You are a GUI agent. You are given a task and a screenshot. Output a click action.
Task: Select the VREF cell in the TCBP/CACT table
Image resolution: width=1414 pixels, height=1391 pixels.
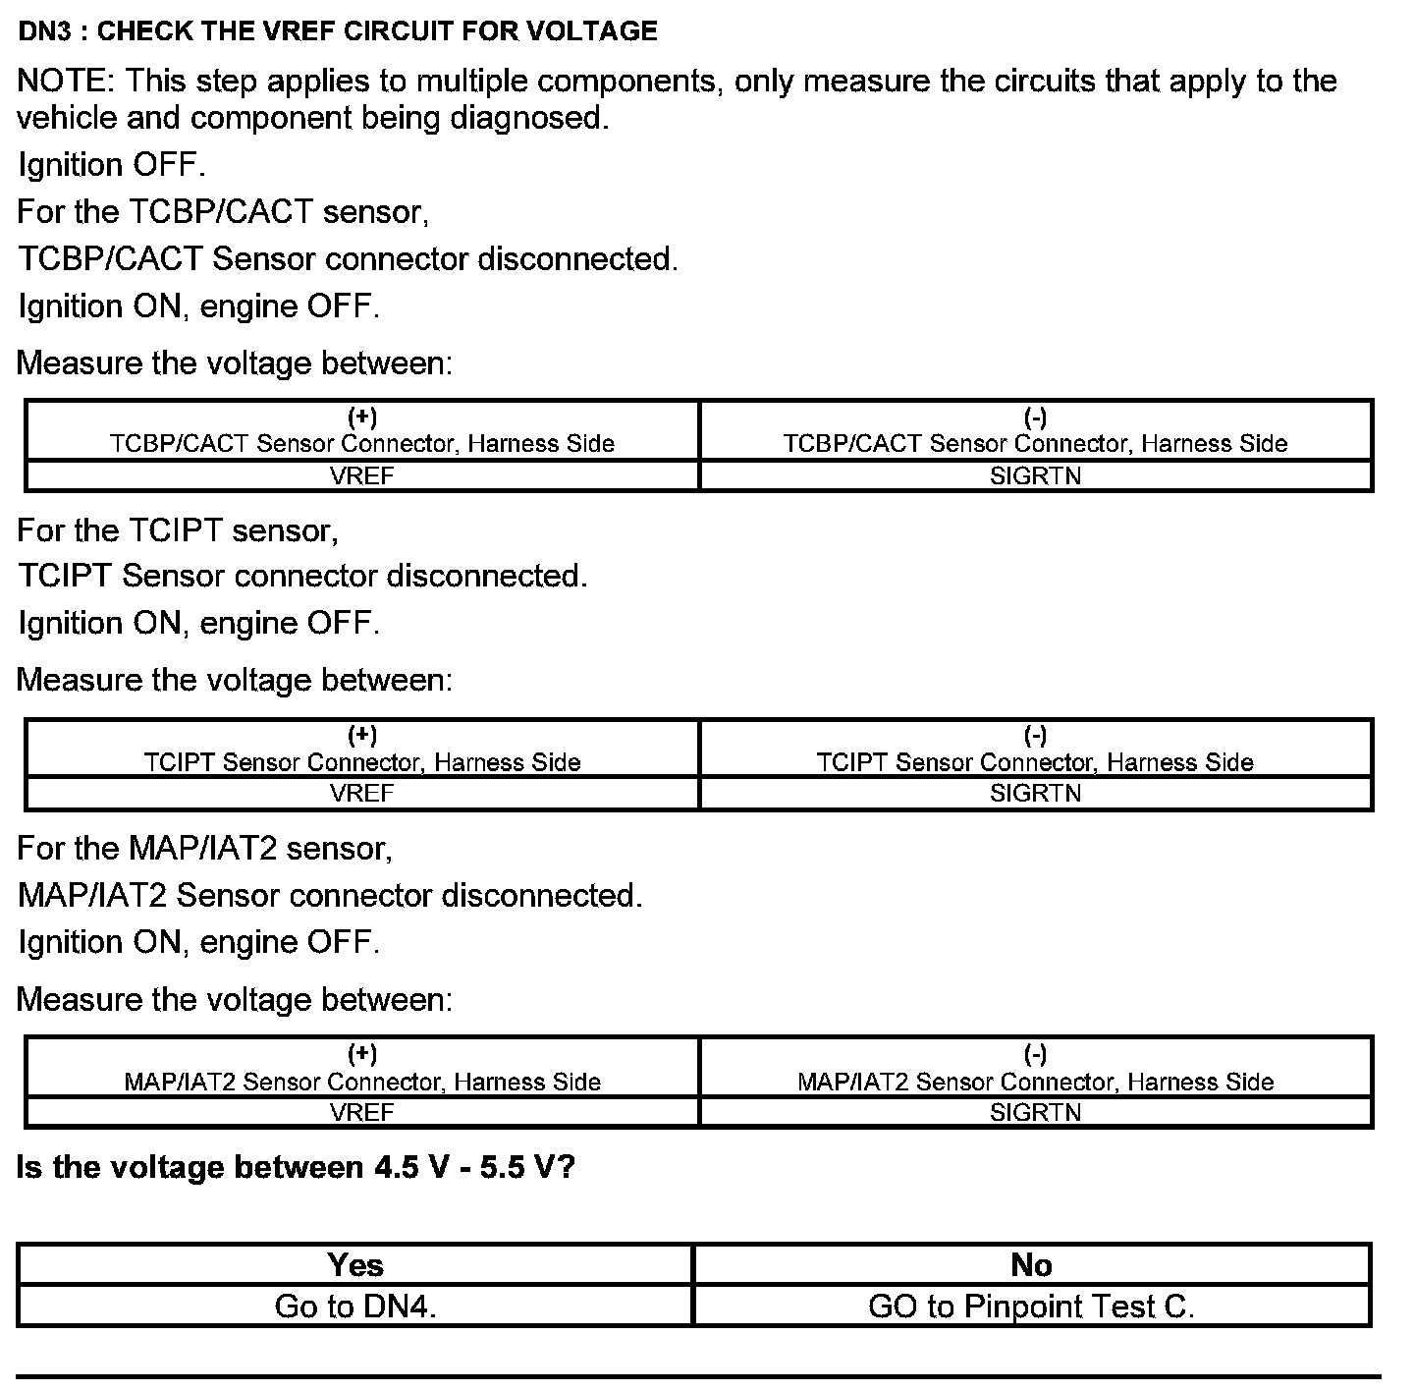point(362,475)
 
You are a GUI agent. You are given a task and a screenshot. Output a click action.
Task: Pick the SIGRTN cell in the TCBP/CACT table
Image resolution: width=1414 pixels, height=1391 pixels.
point(1035,475)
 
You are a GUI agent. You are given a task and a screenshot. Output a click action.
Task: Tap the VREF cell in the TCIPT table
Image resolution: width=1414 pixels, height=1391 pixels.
point(362,793)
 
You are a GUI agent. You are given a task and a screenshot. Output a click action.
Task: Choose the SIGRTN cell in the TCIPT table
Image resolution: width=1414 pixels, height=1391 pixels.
point(1035,793)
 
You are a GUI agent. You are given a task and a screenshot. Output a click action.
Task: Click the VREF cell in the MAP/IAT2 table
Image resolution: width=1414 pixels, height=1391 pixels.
point(362,1112)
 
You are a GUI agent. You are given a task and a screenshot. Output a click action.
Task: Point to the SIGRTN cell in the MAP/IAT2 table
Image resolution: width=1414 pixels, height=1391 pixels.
point(1035,1112)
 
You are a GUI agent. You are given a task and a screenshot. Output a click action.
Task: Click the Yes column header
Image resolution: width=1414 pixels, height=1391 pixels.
point(355,1264)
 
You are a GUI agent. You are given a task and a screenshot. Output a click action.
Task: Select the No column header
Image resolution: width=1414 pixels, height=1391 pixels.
point(1031,1264)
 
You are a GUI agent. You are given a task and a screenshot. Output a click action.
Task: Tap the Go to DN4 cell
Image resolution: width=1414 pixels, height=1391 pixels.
point(355,1307)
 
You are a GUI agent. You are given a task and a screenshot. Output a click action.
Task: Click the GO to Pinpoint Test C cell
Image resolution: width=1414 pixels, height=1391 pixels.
point(1031,1307)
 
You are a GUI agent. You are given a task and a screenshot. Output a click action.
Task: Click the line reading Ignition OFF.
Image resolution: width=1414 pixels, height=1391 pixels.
point(112,165)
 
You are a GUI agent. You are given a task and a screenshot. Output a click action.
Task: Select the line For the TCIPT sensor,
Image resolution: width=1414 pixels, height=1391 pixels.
point(178,530)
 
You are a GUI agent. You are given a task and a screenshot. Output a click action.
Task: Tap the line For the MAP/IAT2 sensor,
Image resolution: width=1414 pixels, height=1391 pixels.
point(204,848)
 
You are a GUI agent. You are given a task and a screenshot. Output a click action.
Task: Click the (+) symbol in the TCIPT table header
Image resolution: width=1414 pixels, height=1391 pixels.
point(362,736)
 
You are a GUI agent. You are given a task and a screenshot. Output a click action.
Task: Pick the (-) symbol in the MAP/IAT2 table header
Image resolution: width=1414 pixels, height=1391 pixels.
point(1035,1055)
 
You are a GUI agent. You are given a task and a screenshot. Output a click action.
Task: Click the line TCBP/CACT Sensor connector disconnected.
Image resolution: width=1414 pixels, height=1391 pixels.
point(348,259)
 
